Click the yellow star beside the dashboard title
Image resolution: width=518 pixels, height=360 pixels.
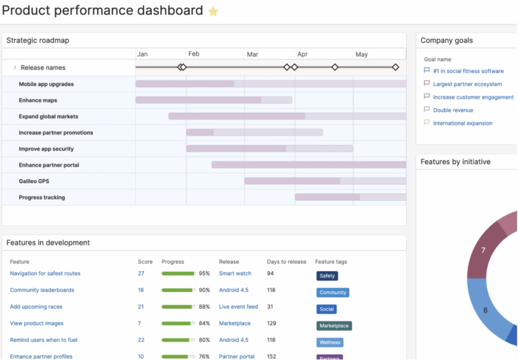click(x=213, y=11)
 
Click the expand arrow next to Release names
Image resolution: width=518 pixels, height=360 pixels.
click(x=15, y=67)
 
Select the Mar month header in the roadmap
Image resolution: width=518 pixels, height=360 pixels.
click(x=252, y=54)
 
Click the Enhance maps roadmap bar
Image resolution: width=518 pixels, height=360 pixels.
click(x=213, y=100)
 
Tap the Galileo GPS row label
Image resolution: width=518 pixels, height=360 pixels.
click(x=34, y=181)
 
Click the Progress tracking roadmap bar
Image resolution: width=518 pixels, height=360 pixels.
click(x=350, y=197)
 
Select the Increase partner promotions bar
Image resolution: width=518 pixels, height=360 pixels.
click(x=254, y=133)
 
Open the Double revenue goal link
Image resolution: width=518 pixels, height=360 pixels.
click(x=453, y=110)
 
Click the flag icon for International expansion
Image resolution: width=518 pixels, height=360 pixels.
click(x=426, y=123)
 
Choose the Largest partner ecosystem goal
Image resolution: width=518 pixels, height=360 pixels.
click(x=467, y=84)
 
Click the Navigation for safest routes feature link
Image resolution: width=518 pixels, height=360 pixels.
click(x=45, y=273)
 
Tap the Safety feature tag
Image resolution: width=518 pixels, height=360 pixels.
click(x=327, y=276)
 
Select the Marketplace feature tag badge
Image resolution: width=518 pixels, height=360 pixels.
click(x=334, y=326)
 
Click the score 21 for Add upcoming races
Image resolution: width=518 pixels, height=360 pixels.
click(x=141, y=307)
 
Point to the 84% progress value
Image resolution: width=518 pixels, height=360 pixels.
click(x=204, y=324)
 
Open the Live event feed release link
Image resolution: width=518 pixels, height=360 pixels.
click(x=238, y=307)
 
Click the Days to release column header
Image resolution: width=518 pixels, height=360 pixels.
click(x=286, y=262)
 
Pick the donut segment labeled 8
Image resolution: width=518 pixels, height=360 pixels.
click(x=485, y=310)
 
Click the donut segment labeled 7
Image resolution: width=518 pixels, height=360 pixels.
click(x=483, y=250)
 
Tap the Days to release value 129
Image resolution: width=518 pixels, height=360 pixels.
click(x=272, y=324)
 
